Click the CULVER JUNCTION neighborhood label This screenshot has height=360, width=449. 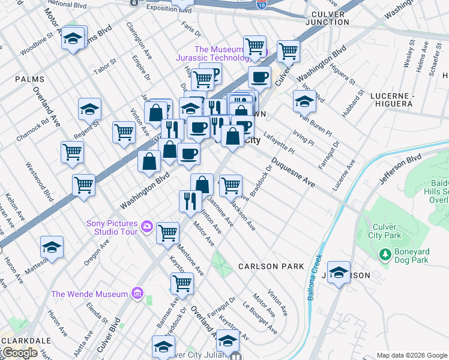pyautogui.click(x=327, y=17)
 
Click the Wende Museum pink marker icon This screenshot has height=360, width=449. pyautogui.click(x=137, y=294)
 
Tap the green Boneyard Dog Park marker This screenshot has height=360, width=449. pyautogui.click(x=384, y=255)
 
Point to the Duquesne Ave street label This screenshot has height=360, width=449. pyautogui.click(x=292, y=171)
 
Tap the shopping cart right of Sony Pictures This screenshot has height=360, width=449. pyautogui.click(x=168, y=232)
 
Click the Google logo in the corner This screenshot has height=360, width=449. pyautogui.click(x=19, y=353)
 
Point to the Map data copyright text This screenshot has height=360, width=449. pyautogui.click(x=411, y=355)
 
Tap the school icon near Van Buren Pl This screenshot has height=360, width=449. pyautogui.click(x=304, y=102)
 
